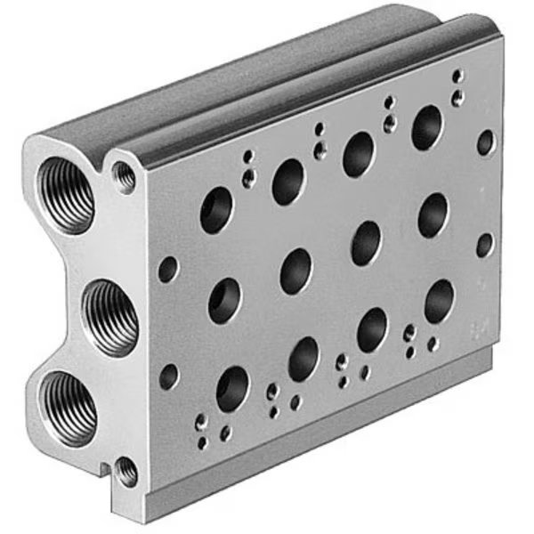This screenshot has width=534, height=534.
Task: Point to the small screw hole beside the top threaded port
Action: point(125,176)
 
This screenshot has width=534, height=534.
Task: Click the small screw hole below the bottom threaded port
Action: point(126,469)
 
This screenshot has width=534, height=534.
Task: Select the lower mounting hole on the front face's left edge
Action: point(168,377)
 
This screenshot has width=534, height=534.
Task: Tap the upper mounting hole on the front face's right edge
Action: point(485,142)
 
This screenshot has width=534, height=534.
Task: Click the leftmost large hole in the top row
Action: point(216,212)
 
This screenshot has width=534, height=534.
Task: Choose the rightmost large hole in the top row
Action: point(427,127)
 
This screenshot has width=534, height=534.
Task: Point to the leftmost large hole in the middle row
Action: point(224,301)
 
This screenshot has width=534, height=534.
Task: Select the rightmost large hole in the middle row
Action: point(433,214)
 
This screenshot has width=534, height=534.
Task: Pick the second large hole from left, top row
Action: point(288,182)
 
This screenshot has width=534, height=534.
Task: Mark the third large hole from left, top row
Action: point(359,154)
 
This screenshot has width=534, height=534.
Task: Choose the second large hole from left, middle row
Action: point(295,271)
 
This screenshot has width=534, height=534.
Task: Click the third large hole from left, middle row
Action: point(365,243)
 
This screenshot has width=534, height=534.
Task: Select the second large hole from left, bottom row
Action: point(303,358)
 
